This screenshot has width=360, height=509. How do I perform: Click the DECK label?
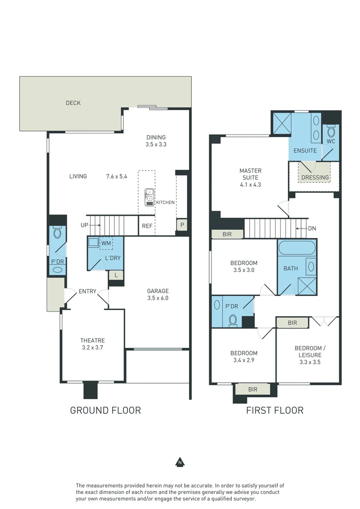point(73,103)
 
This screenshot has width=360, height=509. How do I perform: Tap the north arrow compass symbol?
point(179,462)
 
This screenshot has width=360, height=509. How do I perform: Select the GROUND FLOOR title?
point(105,410)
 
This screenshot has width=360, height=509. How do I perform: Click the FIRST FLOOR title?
point(275,410)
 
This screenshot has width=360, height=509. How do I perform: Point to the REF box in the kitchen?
point(147,226)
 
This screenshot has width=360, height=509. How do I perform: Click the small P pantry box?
point(182,225)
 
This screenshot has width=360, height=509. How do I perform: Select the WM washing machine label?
point(106,243)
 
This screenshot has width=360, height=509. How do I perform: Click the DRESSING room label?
point(315,178)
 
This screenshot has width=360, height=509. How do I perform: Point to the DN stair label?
point(312,229)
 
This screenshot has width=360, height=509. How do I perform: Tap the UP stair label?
point(84,225)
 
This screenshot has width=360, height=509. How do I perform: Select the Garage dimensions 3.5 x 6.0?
point(158,298)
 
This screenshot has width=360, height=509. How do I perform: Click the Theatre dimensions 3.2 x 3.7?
point(92,347)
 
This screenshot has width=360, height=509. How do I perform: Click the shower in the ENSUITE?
point(280,124)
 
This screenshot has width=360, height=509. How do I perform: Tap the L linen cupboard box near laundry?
point(116,274)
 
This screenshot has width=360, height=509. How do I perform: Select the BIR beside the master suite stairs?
point(227,234)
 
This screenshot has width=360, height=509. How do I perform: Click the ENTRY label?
point(88,291)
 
